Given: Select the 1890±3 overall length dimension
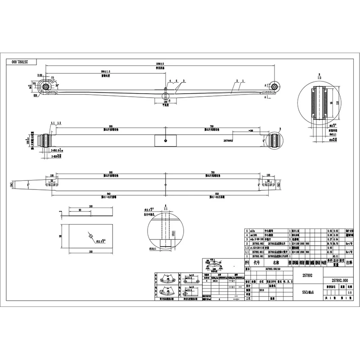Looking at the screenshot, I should click(160, 64).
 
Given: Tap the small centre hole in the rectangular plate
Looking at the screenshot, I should click(90, 235).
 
